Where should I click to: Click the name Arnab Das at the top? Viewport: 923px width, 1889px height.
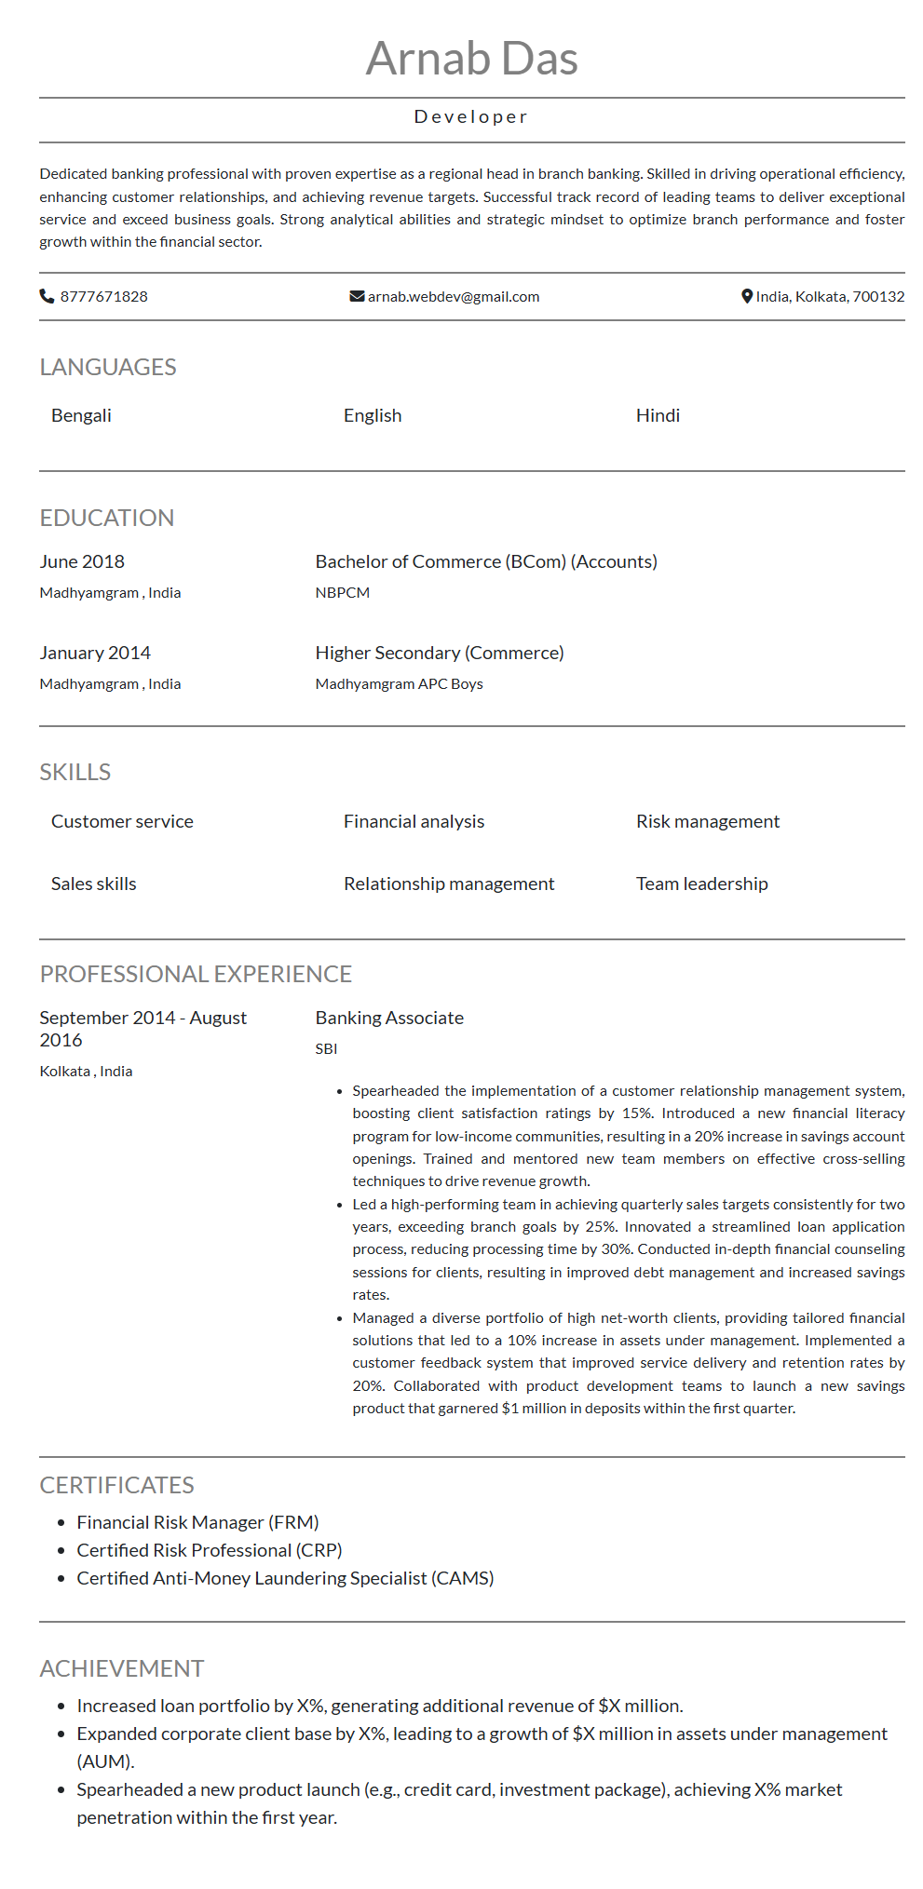coord(471,59)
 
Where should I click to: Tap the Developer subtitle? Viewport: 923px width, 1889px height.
coord(471,117)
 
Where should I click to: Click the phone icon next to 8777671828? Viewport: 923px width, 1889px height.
coord(47,296)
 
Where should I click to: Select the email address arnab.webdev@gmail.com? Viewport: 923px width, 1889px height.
coord(454,296)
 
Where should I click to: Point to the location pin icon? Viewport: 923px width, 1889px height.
coord(746,296)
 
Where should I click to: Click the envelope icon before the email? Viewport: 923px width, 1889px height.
coord(357,296)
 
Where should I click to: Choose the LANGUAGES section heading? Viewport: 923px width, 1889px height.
coord(108,367)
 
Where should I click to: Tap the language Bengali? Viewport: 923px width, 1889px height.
coord(81,415)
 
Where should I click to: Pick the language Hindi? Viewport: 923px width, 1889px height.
coord(658,415)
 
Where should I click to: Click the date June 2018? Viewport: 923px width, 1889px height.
coord(82,561)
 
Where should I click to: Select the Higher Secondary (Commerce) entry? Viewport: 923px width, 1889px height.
coord(440,653)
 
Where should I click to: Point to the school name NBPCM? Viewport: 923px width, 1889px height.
coord(343,592)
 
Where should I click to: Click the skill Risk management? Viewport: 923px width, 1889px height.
coord(708,821)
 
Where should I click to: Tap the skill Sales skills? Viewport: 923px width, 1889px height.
coord(93,884)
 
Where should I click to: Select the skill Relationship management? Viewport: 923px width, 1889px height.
coord(449,884)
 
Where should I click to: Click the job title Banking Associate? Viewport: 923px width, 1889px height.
coord(389,1018)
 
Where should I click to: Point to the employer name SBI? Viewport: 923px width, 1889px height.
coord(326,1048)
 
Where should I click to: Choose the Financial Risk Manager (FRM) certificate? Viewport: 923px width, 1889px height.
coord(197,1522)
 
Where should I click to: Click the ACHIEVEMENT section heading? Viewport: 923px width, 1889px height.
coord(122,1668)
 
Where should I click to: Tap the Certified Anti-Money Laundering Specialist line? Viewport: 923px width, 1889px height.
coord(285,1578)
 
